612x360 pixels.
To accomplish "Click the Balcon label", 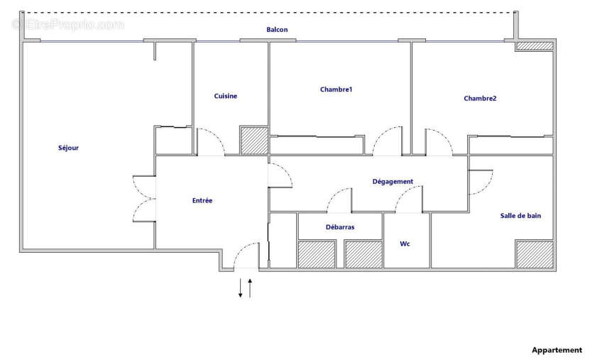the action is point(277,30).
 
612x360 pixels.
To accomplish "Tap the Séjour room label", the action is point(68,148).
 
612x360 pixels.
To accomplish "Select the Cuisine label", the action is point(226,96).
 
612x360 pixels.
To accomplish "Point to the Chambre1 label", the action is point(336,89).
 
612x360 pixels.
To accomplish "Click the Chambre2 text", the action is point(480,99).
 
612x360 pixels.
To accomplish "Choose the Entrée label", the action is point(202,201).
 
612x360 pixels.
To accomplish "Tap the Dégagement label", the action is point(393,182).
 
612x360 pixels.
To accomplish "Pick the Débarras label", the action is point(340,227).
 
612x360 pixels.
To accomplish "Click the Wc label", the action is point(405,244).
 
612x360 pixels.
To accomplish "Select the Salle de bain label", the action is point(520,216).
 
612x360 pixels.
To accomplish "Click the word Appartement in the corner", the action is point(557,350).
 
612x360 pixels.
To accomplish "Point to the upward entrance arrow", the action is point(250,288).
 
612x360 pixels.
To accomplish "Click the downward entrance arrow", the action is point(241,288).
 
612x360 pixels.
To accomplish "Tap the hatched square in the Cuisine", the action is point(253,140).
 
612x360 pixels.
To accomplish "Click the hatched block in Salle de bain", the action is point(535,254).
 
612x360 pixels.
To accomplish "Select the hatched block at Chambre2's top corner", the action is point(535,45).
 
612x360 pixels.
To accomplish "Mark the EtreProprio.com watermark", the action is point(68,25).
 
